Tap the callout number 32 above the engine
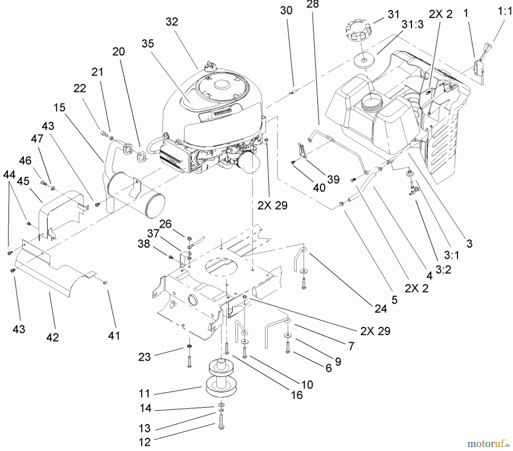[x=172, y=22]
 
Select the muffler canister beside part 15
[x=136, y=193]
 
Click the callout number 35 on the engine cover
[x=148, y=44]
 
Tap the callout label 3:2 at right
[x=443, y=269]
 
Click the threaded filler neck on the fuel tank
[x=370, y=102]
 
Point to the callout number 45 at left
[x=23, y=181]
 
